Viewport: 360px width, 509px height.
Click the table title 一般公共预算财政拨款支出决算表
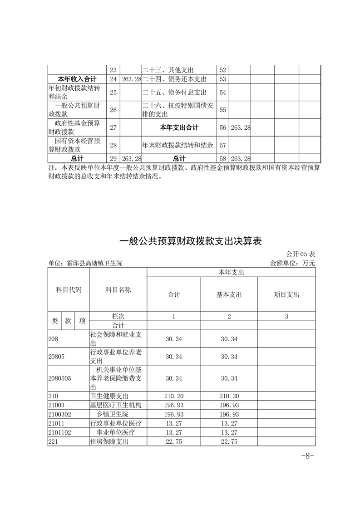click(190, 241)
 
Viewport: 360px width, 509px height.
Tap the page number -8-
click(308, 456)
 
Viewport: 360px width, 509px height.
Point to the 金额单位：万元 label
click(292, 263)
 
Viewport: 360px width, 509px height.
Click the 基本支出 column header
click(229, 294)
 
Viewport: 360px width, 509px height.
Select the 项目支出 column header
click(286, 294)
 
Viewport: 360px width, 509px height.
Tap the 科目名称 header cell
click(118, 290)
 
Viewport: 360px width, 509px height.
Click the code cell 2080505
click(59, 378)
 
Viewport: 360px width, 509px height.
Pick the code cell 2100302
click(59, 414)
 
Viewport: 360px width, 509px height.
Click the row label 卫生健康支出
click(109, 396)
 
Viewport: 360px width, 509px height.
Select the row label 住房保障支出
click(109, 441)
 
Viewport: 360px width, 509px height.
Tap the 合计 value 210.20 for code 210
click(174, 396)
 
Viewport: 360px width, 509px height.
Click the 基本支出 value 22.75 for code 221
click(229, 441)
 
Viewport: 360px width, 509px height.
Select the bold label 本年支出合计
click(179, 128)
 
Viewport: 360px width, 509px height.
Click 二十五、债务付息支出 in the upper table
click(174, 93)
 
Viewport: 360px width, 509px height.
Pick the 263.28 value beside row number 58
click(241, 158)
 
